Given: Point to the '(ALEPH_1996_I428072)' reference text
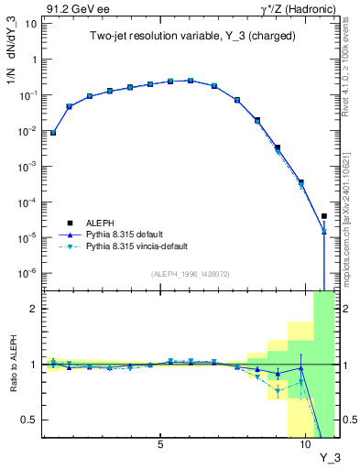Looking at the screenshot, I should [190, 273].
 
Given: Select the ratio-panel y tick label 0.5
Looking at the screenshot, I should [28, 420].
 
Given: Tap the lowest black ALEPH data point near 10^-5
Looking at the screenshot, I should [324, 216].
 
